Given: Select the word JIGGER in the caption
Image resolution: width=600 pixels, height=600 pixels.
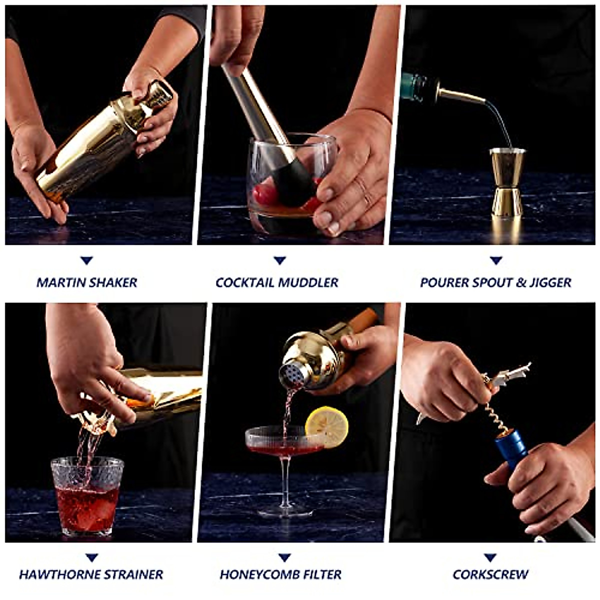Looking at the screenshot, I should tap(550, 282).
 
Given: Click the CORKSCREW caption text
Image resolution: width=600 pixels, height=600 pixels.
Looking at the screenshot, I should tap(490, 574).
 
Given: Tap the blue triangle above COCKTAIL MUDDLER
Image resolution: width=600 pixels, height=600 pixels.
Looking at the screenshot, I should tap(279, 260).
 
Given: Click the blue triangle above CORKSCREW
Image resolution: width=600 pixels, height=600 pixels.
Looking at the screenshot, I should tap(490, 557).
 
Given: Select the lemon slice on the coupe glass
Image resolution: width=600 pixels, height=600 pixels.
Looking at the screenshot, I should tap(327, 426).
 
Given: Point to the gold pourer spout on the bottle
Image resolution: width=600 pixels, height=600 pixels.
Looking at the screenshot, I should tap(460, 95).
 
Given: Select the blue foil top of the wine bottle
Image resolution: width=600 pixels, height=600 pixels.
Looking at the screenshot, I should tap(511, 450).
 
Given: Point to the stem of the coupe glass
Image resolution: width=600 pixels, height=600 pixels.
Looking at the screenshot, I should tap(285, 480).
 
